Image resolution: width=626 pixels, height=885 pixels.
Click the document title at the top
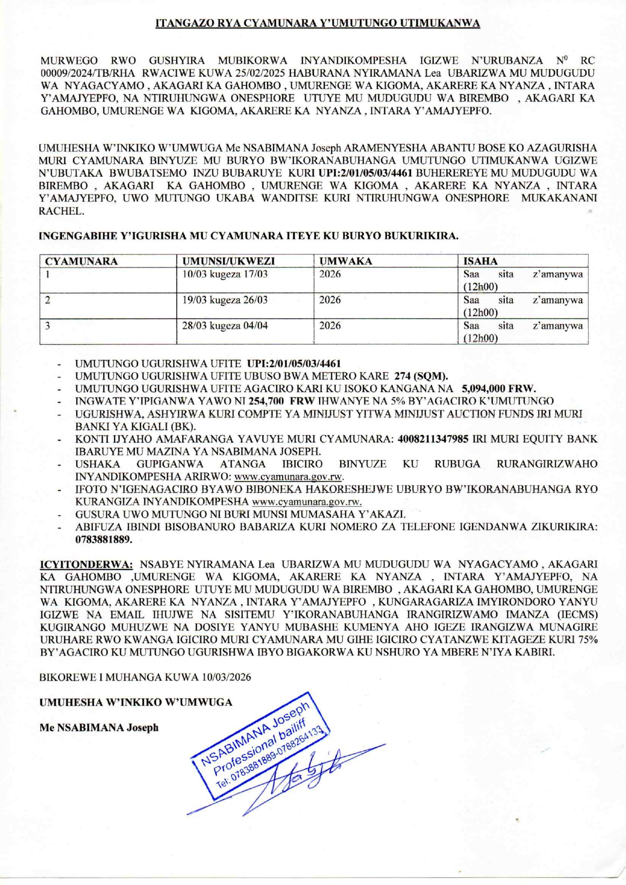[318, 23]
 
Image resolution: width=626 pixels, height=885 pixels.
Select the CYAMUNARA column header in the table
[81, 261]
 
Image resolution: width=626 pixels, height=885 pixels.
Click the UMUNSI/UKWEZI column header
[228, 261]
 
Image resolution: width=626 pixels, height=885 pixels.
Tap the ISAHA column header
[481, 261]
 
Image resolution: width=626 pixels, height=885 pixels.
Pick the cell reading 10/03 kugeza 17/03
[225, 274]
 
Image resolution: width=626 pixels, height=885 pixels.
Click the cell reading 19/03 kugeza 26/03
[225, 300]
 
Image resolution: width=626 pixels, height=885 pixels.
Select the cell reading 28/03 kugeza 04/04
[225, 326]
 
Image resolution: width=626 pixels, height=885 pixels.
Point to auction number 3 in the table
[47, 326]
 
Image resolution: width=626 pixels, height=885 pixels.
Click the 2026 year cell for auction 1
[330, 274]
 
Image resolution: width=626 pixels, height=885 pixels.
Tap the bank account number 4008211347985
[433, 439]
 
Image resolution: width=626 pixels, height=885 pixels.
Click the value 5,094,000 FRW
[499, 389]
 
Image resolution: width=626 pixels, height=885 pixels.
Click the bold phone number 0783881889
[103, 539]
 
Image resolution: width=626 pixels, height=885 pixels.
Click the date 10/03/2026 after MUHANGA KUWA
[226, 677]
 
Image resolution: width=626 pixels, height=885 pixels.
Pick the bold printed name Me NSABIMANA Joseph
[99, 727]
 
